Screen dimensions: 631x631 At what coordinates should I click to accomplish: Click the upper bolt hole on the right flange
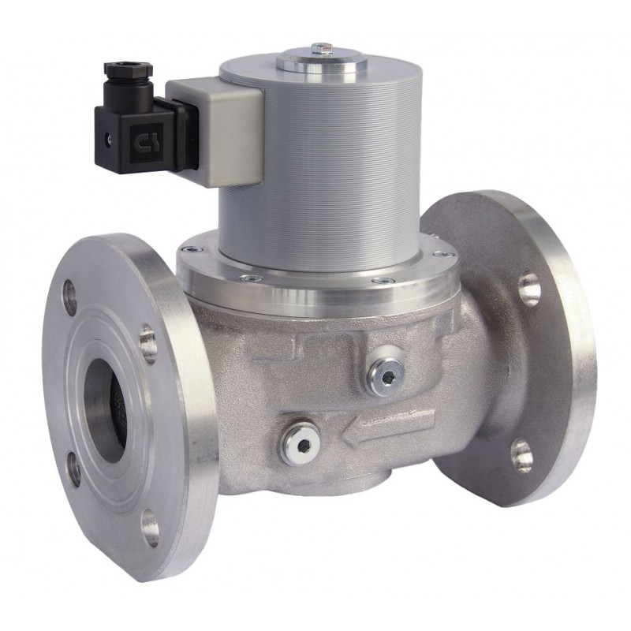[529, 289]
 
